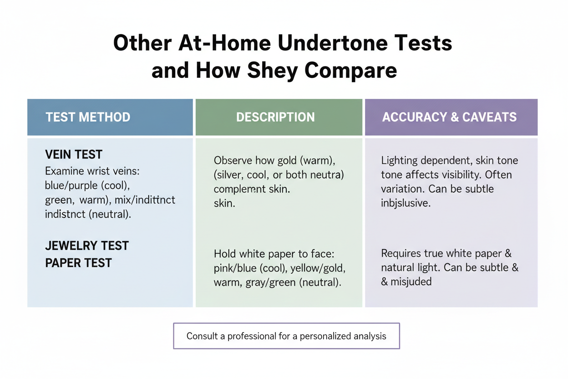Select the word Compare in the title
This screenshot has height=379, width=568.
(x=350, y=71)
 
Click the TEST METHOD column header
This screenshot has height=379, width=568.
(x=88, y=117)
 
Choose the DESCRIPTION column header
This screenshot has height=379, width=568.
(x=275, y=117)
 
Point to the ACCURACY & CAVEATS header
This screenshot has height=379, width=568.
(x=449, y=117)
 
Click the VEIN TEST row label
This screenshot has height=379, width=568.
(x=74, y=154)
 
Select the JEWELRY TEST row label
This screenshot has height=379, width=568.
(x=87, y=246)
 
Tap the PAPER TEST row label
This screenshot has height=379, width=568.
(x=78, y=263)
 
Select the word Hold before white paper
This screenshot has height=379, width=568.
(x=225, y=254)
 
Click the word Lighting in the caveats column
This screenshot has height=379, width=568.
(x=400, y=161)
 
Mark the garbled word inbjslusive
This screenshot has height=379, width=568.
(x=406, y=203)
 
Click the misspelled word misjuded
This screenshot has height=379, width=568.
(x=411, y=282)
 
